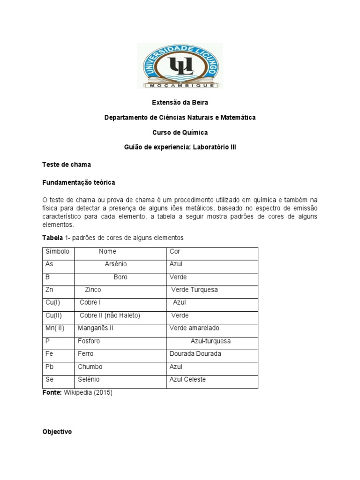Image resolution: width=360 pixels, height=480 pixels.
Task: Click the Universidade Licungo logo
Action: coord(180,66)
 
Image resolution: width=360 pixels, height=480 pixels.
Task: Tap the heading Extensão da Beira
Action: coord(180,103)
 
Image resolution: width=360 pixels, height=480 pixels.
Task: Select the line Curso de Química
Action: coord(180,132)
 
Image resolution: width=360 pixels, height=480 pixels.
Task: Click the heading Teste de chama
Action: coord(66,165)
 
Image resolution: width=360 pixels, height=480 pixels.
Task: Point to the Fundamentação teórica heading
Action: coord(78,181)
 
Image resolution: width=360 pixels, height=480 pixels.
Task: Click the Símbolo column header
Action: coord(57,252)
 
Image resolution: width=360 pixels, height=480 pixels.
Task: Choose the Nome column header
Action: coord(107,252)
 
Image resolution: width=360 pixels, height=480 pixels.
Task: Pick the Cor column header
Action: coord(175,252)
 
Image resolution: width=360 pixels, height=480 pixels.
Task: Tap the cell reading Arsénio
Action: coord(115,264)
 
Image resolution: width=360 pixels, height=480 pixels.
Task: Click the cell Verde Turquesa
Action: coord(195,290)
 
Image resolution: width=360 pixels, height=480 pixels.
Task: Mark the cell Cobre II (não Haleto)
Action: coord(110,315)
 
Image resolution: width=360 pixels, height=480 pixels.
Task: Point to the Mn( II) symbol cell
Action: coord(55,328)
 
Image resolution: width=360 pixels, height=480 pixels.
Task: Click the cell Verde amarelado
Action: coord(194,328)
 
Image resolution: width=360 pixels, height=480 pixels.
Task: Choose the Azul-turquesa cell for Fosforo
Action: coord(210,341)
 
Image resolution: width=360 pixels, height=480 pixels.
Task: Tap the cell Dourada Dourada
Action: coord(195,354)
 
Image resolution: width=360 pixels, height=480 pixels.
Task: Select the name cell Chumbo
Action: coord(90,367)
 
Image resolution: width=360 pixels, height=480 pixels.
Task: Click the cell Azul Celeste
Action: coord(187,379)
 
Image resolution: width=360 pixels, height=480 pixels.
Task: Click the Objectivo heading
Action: coord(57,432)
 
